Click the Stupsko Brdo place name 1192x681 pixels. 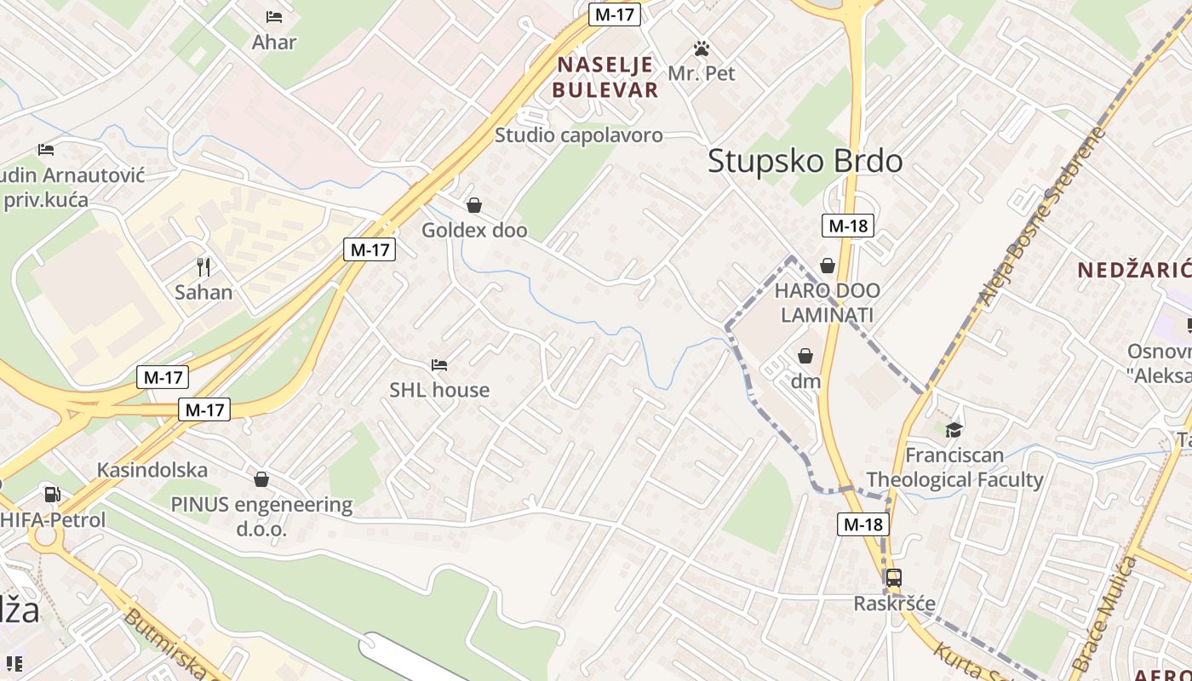[805, 161]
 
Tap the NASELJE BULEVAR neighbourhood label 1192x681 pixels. [605, 77]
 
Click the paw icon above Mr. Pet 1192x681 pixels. [702, 49]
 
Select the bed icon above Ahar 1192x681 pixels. [274, 17]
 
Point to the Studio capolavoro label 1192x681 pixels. [578, 134]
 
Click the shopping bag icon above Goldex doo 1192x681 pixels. [474, 205]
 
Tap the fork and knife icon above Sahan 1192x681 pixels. [203, 267]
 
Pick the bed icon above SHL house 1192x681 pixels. [439, 365]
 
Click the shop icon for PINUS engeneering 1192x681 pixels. [261, 479]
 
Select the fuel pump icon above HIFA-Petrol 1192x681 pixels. [52, 495]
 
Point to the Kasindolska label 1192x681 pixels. [152, 470]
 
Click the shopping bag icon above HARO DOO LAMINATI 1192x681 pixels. [827, 266]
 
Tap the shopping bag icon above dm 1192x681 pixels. [805, 356]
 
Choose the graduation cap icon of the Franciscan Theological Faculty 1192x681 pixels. [954, 430]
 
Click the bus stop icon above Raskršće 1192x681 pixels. [893, 578]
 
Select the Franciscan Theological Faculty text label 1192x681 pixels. [954, 467]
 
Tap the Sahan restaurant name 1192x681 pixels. [203, 292]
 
